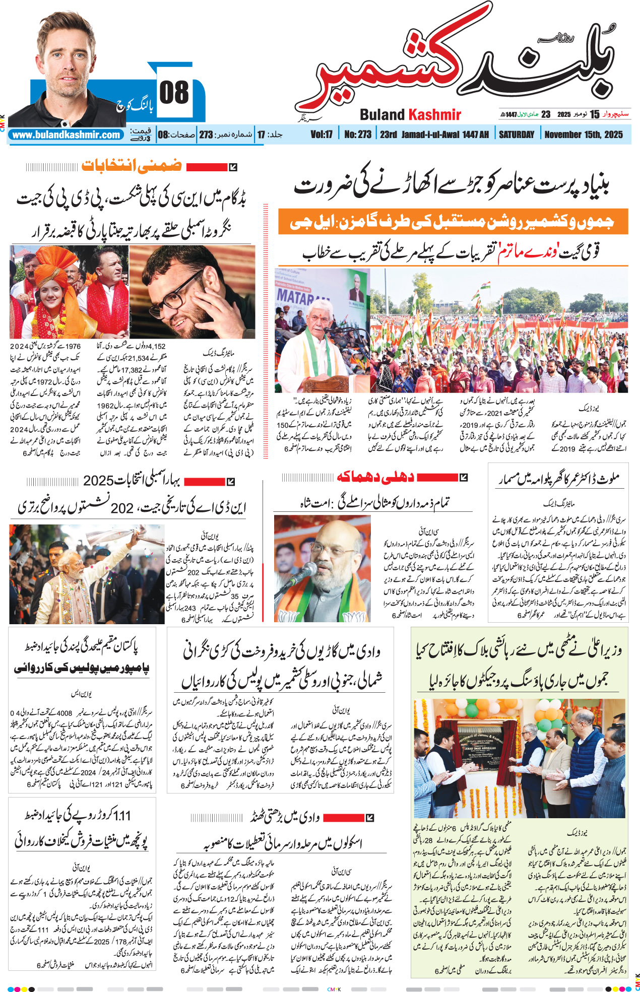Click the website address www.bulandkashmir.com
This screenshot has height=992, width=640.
click(66, 135)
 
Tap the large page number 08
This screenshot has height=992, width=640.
click(174, 93)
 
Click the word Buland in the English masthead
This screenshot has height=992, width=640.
click(382, 115)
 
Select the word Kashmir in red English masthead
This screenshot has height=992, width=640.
click(434, 115)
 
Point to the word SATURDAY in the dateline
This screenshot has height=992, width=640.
click(516, 135)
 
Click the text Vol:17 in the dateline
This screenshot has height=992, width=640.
click(322, 135)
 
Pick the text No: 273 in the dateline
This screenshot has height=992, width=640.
click(358, 135)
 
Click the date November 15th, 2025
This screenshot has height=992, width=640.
click(584, 135)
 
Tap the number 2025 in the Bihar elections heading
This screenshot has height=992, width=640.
click(98, 481)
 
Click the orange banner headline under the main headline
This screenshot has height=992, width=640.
click(453, 222)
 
